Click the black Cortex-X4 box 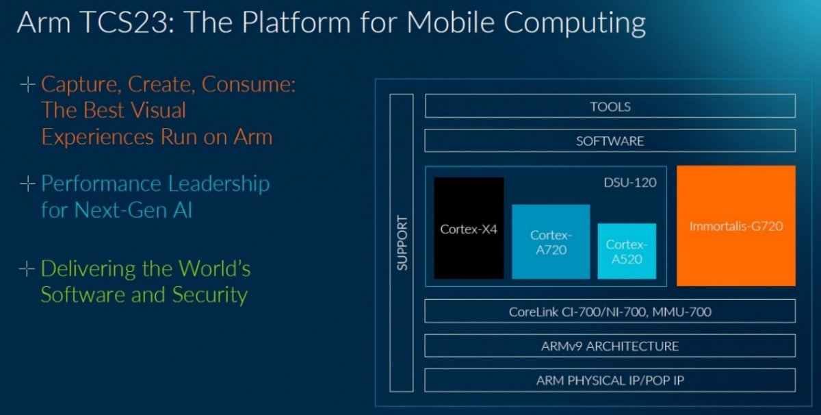click(x=469, y=228)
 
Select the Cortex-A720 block click(x=551, y=242)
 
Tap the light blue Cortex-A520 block click(x=627, y=251)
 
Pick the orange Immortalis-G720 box click(x=736, y=226)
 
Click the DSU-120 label click(x=630, y=183)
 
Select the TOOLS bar click(x=610, y=106)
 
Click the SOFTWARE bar click(x=610, y=140)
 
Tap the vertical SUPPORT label click(x=402, y=243)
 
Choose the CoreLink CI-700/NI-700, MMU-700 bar click(x=610, y=311)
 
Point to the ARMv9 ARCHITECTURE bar click(x=610, y=346)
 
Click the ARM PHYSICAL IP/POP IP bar click(x=610, y=380)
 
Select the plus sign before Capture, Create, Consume click(x=27, y=84)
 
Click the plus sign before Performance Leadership click(x=27, y=184)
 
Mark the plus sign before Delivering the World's click(x=27, y=269)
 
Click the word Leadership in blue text click(x=219, y=184)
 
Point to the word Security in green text click(x=210, y=295)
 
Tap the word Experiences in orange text click(x=97, y=138)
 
